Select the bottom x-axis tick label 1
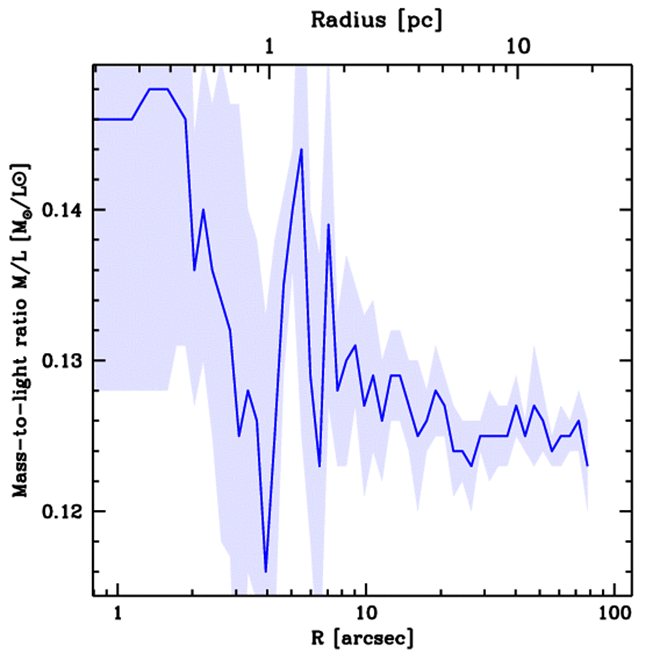coord(118,613)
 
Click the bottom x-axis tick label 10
coord(367,613)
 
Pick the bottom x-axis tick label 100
coord(616,613)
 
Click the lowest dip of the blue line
coord(266,571)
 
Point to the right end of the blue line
coord(588,466)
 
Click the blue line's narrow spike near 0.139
coord(329,225)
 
